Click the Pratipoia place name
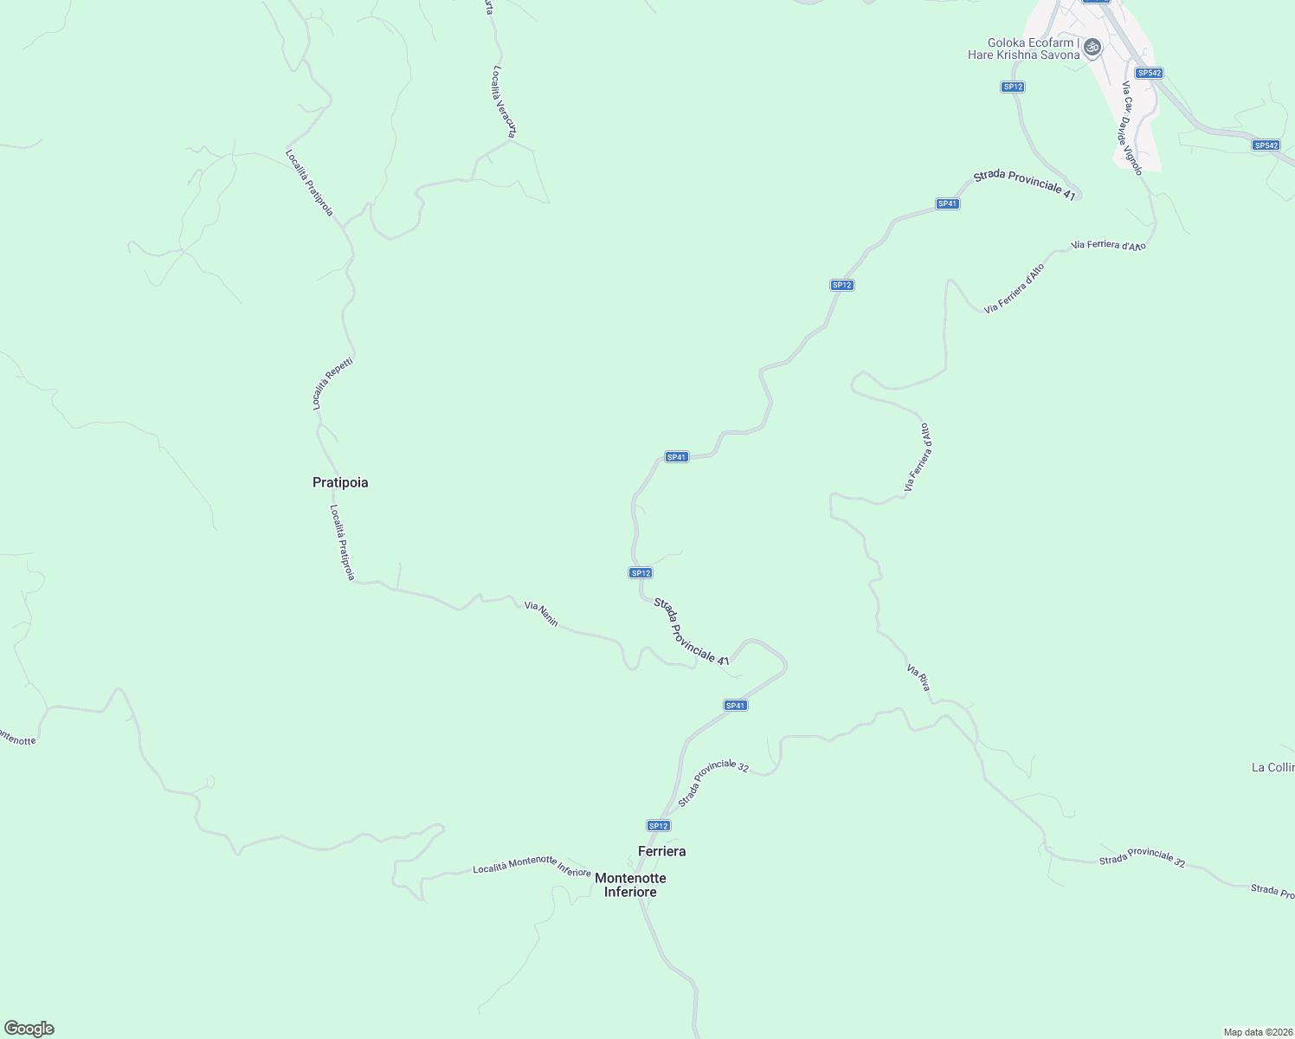point(340,482)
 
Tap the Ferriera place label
point(661,851)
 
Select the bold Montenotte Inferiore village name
point(630,885)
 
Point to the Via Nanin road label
point(541,615)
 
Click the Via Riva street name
point(918,677)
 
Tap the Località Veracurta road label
point(505,101)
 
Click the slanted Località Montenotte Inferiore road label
point(532,865)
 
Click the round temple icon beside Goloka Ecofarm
point(1092,47)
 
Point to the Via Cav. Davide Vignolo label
point(1132,128)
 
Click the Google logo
point(29,1029)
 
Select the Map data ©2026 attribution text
point(1257,1032)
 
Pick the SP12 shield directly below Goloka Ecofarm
point(1013,87)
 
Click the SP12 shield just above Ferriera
point(659,825)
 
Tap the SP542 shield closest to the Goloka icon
point(1149,73)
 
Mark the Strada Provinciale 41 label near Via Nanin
point(692,631)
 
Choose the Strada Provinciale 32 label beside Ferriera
point(713,783)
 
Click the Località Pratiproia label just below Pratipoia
point(343,543)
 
